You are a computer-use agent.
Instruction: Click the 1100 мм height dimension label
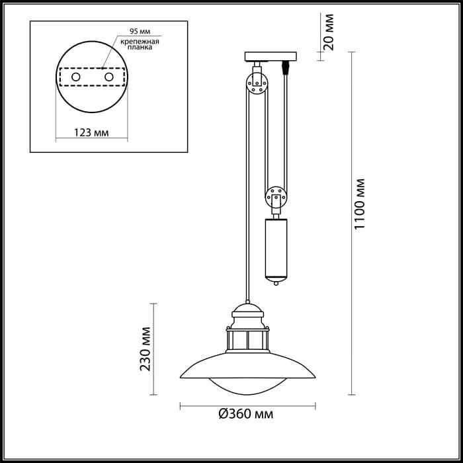[360, 204]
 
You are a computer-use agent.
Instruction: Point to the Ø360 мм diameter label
[246, 415]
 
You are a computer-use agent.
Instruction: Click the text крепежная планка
[142, 45]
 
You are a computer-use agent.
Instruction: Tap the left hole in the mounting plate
[77, 78]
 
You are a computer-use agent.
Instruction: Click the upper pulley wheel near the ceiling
[257, 83]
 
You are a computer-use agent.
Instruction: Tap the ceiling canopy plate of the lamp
[270, 56]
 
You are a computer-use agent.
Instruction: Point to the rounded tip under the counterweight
[276, 282]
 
